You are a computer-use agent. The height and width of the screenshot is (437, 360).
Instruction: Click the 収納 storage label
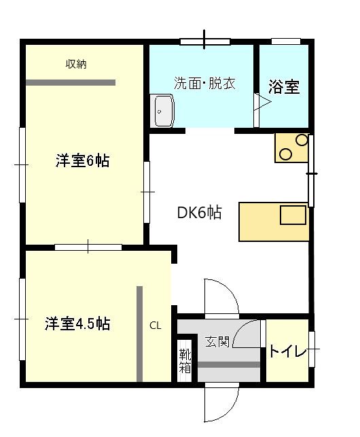click(76, 65)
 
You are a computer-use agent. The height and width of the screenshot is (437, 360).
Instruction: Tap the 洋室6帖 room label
click(82, 161)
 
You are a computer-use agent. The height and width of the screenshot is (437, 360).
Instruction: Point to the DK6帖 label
click(199, 213)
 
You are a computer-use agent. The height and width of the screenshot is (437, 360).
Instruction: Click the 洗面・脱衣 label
click(204, 85)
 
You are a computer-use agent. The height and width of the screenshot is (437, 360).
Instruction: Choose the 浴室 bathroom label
click(284, 87)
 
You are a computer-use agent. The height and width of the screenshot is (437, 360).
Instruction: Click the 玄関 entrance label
click(217, 340)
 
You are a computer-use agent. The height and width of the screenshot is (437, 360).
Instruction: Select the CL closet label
click(156, 326)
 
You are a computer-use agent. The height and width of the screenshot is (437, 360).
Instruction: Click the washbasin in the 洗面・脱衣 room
click(164, 110)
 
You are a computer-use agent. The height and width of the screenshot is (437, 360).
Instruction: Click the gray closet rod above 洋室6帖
click(71, 82)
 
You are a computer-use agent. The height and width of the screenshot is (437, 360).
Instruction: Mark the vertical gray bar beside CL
click(139, 334)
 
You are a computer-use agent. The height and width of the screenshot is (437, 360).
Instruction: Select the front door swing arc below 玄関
click(223, 404)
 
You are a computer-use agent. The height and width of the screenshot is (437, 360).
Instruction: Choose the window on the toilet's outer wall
click(312, 350)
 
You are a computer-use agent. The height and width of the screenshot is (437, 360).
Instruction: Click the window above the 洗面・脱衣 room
click(205, 41)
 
